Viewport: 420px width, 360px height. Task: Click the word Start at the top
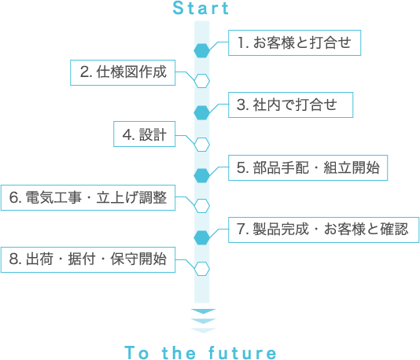click(201, 8)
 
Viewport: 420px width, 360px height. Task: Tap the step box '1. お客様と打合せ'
click(294, 42)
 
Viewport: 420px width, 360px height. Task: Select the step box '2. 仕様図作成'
click(123, 73)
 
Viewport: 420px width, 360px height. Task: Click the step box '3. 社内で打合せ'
click(291, 105)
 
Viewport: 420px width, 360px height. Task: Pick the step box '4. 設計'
click(145, 134)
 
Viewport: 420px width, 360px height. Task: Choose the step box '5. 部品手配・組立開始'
click(308, 168)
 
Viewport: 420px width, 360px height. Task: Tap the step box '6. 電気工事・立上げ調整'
click(88, 197)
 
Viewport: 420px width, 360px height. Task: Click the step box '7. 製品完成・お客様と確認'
click(323, 230)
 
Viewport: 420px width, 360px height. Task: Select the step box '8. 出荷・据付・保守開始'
click(88, 260)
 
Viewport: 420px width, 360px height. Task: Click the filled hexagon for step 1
click(201, 50)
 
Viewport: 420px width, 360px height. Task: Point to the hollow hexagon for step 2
click(201, 81)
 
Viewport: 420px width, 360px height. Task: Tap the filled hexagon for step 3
click(201, 112)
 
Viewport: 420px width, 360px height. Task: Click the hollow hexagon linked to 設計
click(201, 145)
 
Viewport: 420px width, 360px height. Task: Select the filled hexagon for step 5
click(201, 175)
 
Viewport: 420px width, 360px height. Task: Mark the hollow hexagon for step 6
click(201, 206)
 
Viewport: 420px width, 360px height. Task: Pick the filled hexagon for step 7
click(201, 237)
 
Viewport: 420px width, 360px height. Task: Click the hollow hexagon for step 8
click(201, 269)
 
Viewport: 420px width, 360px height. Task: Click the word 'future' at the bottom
click(242, 352)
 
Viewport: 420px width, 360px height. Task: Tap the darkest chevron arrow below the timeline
click(203, 311)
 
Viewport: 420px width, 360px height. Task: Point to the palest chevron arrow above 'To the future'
click(203, 331)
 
